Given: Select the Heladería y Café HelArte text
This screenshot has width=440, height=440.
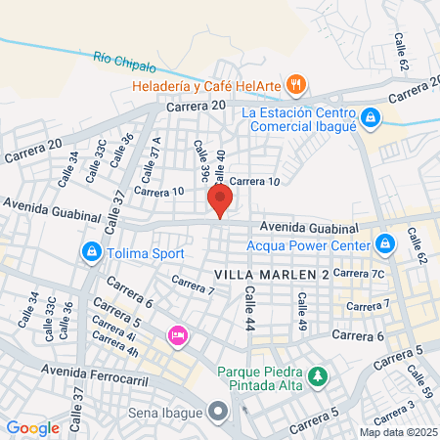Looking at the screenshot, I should pyautogui.click(x=208, y=86).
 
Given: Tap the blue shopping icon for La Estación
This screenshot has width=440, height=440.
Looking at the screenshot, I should pyautogui.click(x=370, y=119).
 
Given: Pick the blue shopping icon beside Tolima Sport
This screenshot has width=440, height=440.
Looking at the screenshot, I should pyautogui.click(x=91, y=253).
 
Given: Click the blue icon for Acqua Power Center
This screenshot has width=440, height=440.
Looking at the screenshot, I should pyautogui.click(x=385, y=242).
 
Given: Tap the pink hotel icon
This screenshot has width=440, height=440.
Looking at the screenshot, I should pyautogui.click(x=177, y=336).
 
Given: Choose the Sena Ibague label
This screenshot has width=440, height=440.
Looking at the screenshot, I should pyautogui.click(x=166, y=412).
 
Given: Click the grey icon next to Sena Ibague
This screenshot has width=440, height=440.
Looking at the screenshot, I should pyautogui.click(x=218, y=412).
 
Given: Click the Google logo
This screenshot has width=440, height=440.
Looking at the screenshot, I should pyautogui.click(x=32, y=427).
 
